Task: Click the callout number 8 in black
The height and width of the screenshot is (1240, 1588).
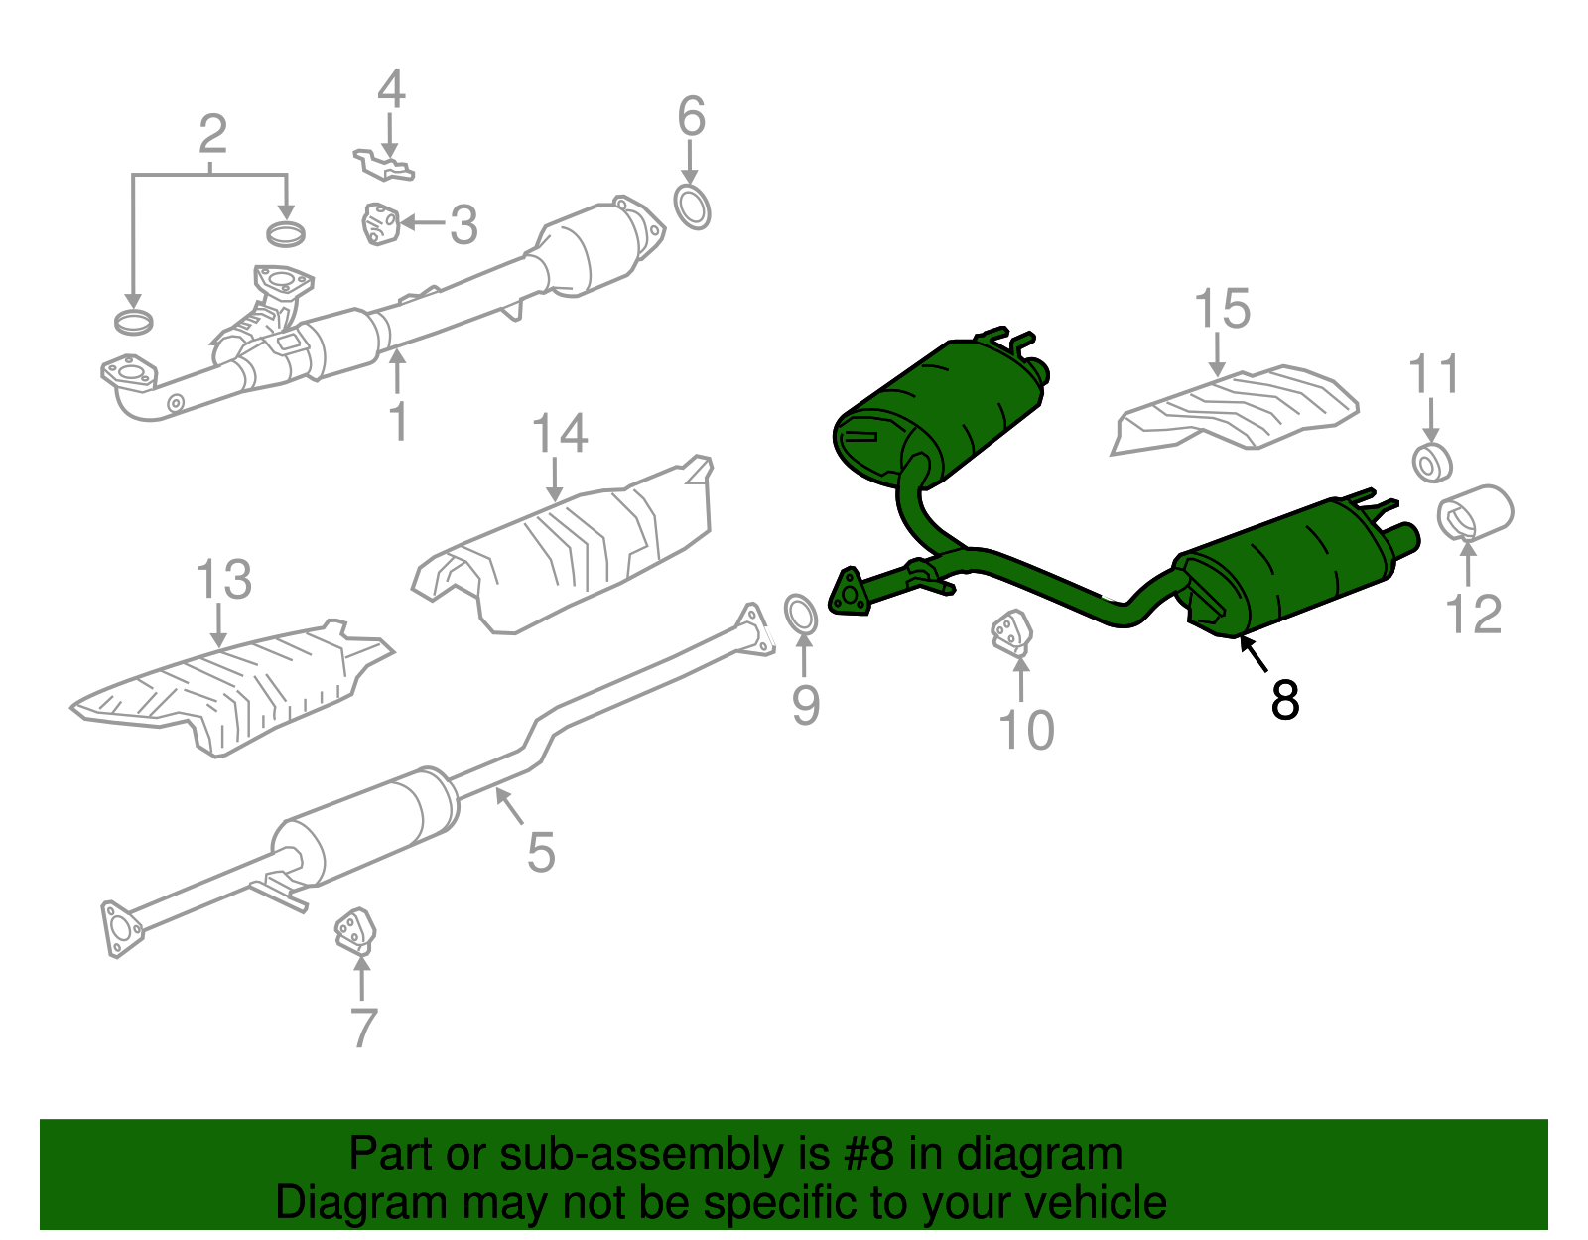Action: (1284, 701)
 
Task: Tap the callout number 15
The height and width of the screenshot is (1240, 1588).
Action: (1222, 310)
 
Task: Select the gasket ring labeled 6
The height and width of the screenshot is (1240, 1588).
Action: (692, 207)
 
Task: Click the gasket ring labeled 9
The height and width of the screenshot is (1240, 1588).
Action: (801, 614)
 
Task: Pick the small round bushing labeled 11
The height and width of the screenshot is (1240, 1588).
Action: (1431, 463)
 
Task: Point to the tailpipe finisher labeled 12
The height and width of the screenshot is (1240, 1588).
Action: (1475, 512)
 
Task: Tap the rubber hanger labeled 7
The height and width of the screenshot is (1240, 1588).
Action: (354, 931)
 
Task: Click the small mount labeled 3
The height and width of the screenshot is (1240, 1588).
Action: (379, 223)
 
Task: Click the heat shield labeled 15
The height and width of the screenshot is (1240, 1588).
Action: (1236, 407)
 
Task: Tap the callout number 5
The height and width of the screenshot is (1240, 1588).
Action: (541, 852)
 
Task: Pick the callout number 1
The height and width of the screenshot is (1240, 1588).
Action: (398, 422)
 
